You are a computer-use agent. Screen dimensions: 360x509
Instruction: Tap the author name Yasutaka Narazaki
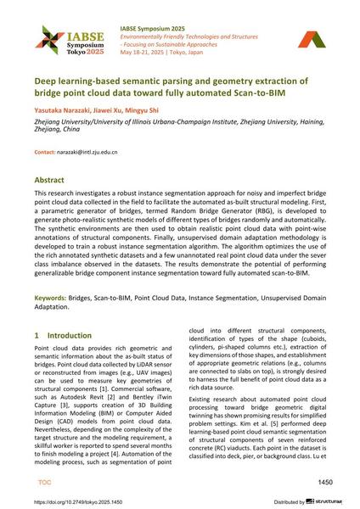click(65, 112)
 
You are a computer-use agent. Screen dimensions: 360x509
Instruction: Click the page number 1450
click(324, 481)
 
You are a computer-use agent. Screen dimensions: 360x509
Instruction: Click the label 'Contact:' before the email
click(45, 152)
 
